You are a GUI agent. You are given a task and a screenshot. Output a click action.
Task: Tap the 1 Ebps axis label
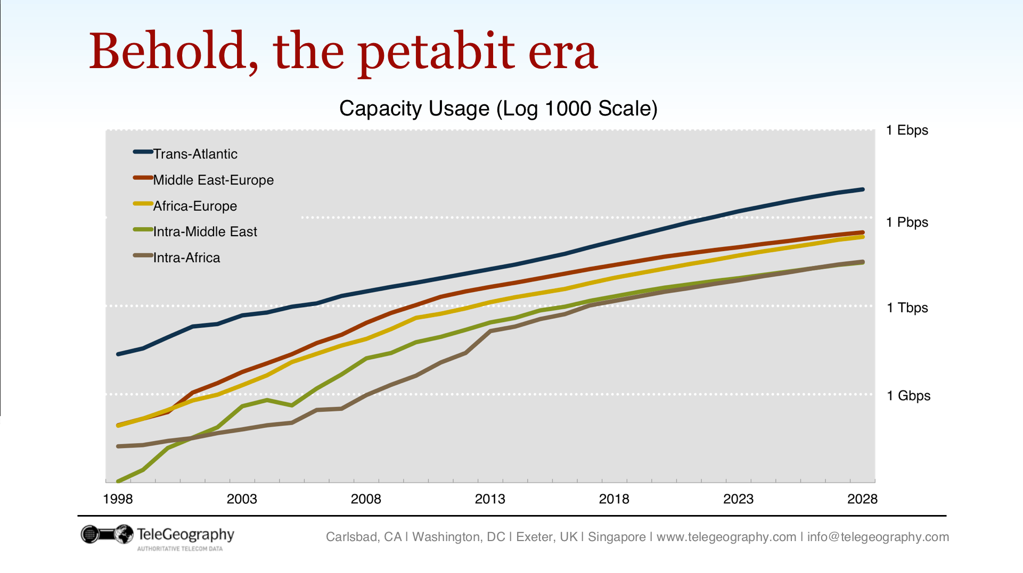pos(906,130)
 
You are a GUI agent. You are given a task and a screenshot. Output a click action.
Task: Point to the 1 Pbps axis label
pos(906,222)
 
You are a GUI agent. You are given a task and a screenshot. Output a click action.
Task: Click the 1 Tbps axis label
pos(907,308)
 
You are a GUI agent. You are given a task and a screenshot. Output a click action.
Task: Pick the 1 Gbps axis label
pos(908,396)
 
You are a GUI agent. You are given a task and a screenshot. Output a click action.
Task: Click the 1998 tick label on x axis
pos(118,499)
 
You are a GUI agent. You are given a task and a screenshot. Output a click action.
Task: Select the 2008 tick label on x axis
pos(366,499)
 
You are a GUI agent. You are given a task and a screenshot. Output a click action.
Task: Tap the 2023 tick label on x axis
pos(738,499)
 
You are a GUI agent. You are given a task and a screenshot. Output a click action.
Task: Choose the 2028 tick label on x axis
pos(862,499)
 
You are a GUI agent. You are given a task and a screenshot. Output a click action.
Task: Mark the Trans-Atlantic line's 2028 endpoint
pos(862,189)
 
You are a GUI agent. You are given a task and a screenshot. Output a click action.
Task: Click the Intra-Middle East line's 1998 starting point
pos(118,481)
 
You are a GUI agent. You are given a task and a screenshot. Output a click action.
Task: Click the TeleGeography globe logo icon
pos(123,534)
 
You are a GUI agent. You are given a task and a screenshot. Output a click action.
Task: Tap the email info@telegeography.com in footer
pos(878,537)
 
